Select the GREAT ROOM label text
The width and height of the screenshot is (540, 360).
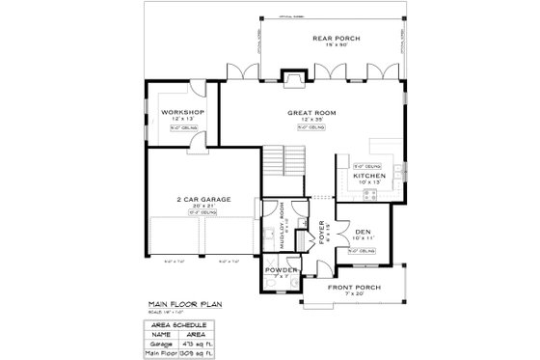309,113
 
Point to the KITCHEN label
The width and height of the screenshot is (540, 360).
369,177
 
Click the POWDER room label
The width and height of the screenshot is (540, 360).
281,270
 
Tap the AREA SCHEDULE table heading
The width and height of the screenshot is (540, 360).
179,325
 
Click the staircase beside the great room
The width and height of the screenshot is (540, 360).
279,163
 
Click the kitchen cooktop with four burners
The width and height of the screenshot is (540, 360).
368,196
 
